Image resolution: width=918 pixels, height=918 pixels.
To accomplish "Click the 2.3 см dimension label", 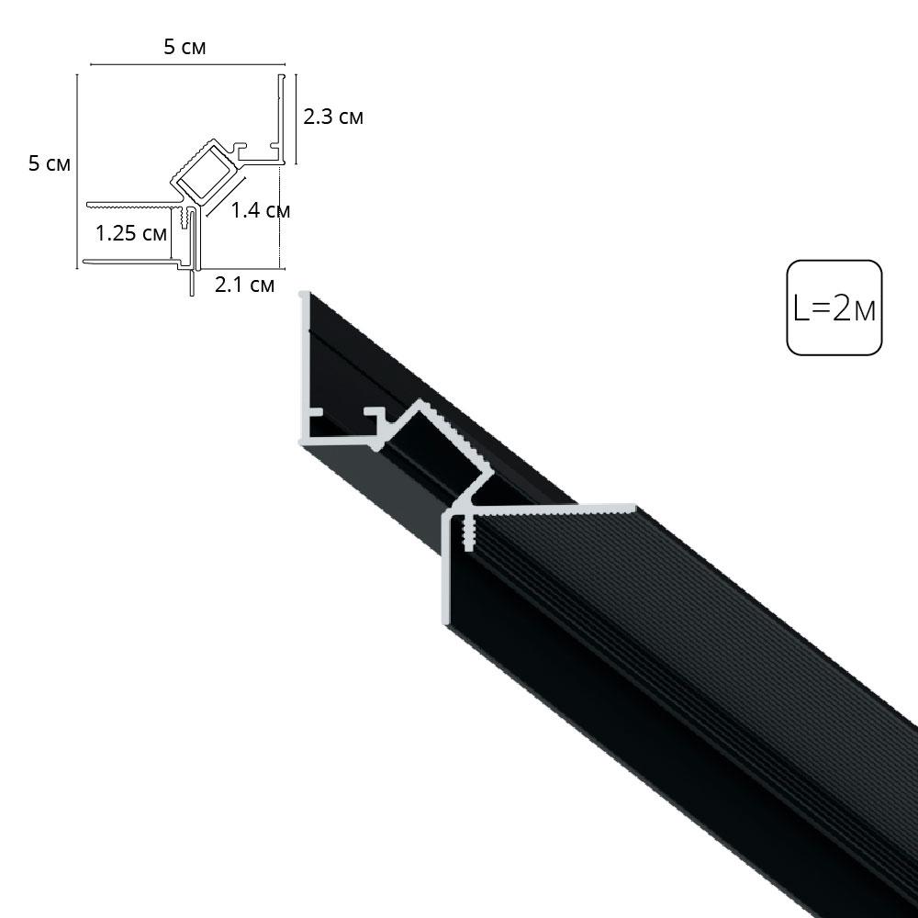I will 333,118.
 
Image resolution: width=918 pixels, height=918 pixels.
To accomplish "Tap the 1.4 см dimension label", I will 260,210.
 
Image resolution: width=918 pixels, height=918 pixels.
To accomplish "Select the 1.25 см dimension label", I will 131,233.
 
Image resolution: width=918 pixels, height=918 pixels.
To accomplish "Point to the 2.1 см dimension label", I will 244,285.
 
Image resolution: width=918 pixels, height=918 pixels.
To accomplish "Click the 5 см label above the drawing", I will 185,48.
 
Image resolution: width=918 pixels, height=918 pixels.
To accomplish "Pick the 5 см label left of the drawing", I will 50,164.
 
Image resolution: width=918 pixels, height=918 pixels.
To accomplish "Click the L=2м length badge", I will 834,308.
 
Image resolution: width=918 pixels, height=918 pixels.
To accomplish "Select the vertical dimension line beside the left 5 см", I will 77,170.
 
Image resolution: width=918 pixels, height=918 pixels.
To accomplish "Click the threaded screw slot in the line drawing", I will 188,218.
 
